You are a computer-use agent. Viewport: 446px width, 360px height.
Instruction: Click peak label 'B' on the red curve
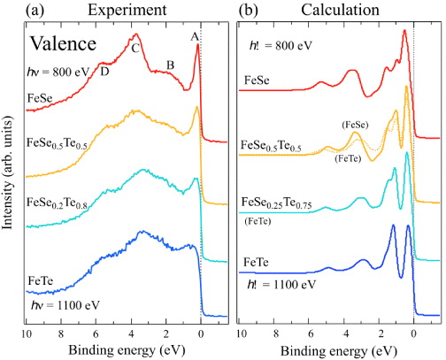point(170,65)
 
